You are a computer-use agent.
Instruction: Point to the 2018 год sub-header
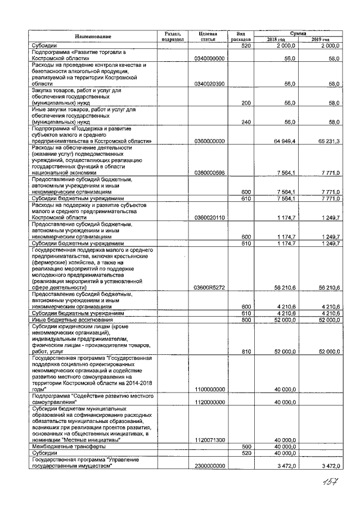click(276, 39)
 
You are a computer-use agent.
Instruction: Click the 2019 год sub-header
click(320, 39)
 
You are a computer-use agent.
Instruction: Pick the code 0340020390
click(209, 83)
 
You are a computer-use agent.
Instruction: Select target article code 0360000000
click(209, 141)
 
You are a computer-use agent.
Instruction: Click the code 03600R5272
click(209, 287)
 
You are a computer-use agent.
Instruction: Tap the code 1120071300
click(209, 440)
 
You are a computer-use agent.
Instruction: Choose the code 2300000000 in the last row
click(209, 466)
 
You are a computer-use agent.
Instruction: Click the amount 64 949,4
click(277, 141)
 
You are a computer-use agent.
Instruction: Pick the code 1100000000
click(209, 389)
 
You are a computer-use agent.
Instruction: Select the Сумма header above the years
click(298, 33)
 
